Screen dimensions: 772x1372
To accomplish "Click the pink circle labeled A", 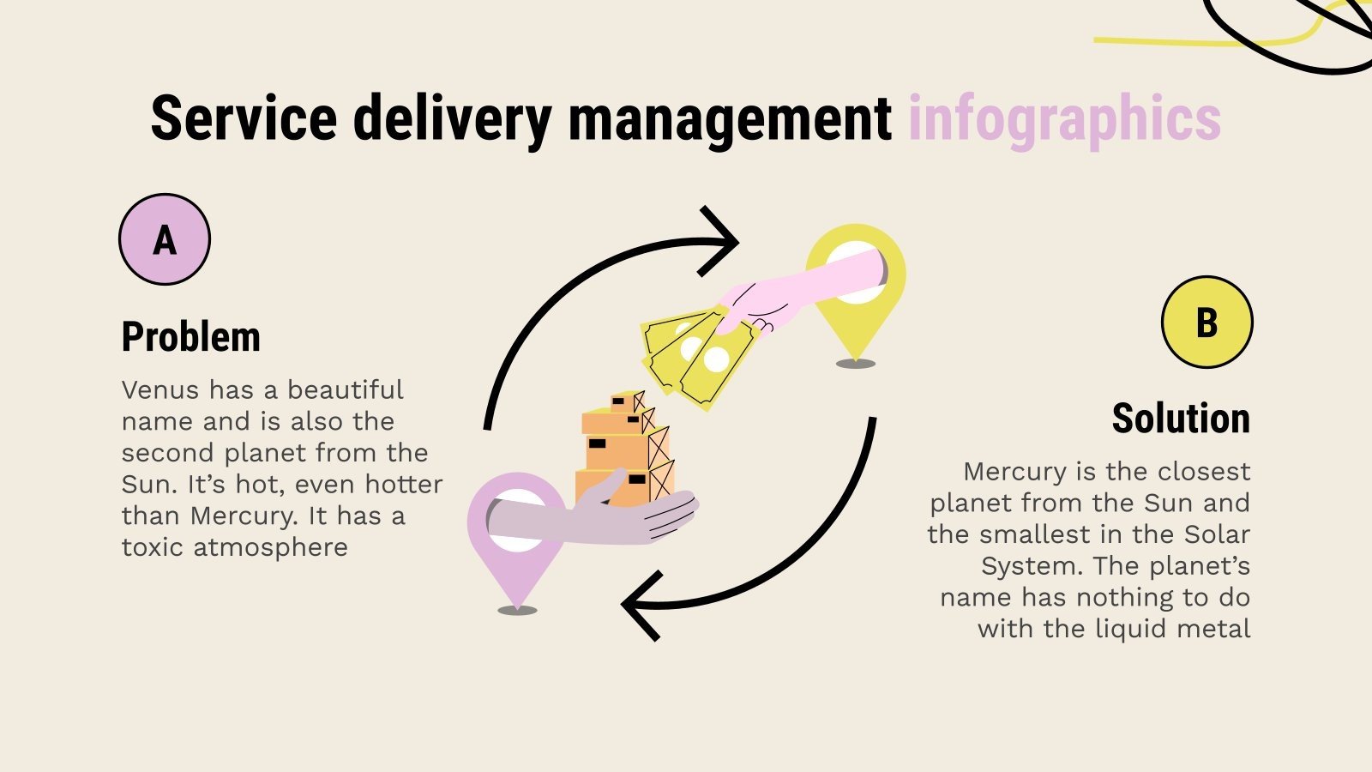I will pos(165,239).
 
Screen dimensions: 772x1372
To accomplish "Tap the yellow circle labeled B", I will pos(1207,322).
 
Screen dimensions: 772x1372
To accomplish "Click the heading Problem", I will pos(190,336).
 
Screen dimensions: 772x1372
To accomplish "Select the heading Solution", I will pos(1181,419).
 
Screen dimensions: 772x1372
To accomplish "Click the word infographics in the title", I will pos(1064,118).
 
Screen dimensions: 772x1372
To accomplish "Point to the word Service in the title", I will pos(244,118).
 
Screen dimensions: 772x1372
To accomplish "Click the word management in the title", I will pos(730,118).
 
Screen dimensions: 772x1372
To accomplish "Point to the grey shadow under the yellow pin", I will pos(855,364).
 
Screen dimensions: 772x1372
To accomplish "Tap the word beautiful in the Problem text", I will pos(345,390).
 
